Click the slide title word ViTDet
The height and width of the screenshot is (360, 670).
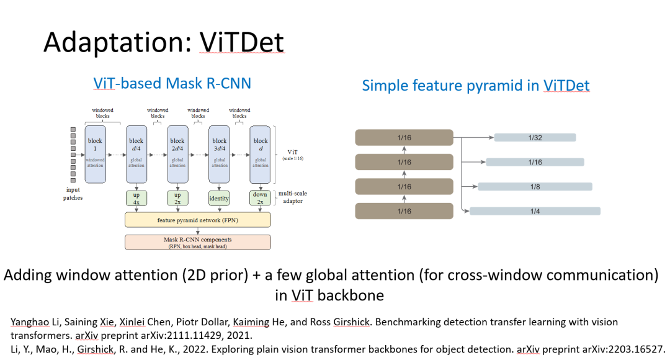242,42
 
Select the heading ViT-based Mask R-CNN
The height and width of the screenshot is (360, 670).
172,83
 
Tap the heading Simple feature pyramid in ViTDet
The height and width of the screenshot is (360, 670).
476,86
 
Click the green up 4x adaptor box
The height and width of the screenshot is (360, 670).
136,199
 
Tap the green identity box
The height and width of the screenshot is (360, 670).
220,199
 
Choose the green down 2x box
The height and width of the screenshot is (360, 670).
261,199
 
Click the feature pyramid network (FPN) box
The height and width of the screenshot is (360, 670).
198,220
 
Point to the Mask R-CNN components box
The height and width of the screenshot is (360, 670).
198,242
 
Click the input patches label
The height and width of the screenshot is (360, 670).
73,194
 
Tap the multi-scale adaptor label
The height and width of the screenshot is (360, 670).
293,197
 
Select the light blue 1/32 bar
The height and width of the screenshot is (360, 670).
535,137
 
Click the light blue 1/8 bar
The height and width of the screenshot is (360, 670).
535,186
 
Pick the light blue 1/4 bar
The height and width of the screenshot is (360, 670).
535,211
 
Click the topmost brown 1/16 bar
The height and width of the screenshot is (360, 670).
404,138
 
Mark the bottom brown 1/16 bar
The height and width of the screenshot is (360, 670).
404,211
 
